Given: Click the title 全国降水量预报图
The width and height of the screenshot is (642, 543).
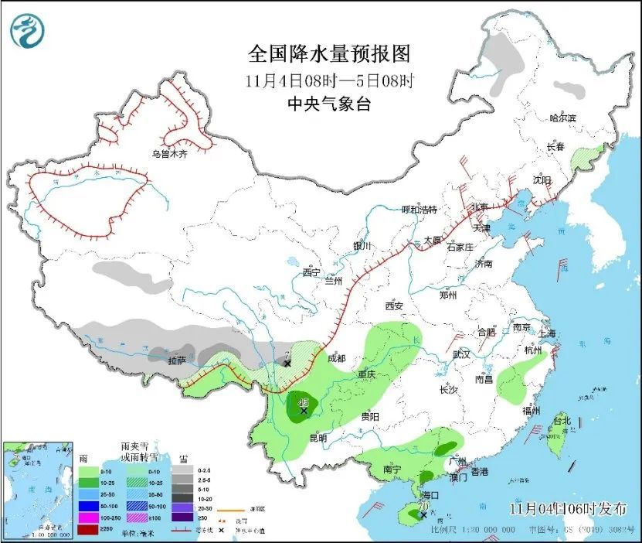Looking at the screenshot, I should click(x=328, y=54).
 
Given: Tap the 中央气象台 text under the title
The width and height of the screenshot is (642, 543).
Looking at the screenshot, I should click(x=328, y=104).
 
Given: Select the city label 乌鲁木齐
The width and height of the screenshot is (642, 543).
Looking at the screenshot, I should click(x=170, y=154).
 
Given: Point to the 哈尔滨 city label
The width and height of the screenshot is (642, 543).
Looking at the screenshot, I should click(x=562, y=118).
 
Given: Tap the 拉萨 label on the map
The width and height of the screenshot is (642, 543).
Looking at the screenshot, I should click(x=177, y=360).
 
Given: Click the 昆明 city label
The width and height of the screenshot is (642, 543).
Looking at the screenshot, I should click(x=318, y=438).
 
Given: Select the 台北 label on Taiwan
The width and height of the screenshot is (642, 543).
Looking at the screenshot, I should click(x=561, y=421).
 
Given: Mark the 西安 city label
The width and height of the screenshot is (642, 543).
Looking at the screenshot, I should click(x=393, y=306).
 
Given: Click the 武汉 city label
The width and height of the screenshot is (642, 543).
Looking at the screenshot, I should click(x=462, y=353).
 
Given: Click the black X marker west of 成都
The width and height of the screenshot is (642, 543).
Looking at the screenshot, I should click(x=287, y=363).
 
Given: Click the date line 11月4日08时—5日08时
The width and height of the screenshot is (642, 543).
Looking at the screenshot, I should click(x=328, y=80).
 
